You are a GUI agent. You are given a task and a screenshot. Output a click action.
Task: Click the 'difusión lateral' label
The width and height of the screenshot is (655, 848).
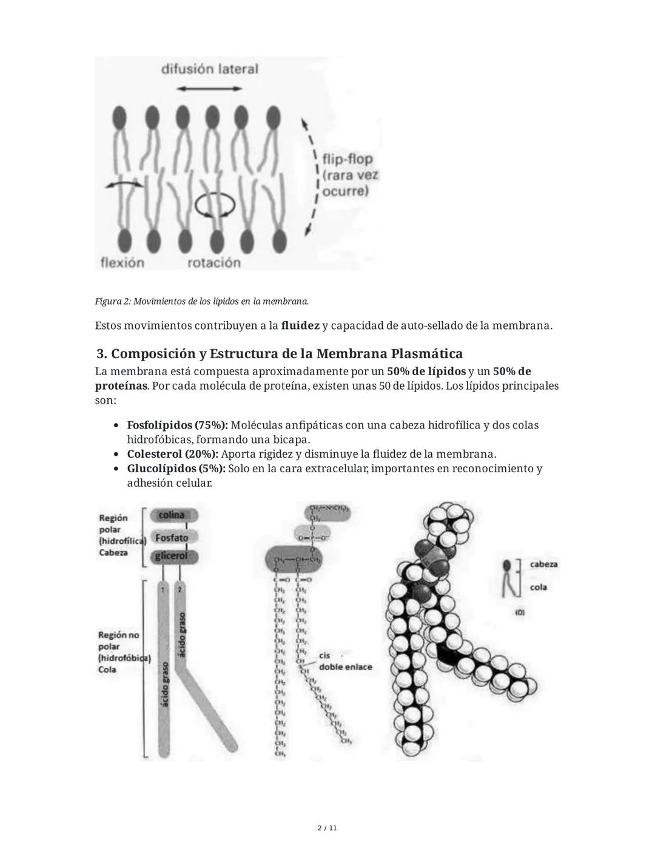209,69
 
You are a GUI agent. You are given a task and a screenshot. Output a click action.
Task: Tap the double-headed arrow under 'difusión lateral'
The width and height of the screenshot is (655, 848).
209,89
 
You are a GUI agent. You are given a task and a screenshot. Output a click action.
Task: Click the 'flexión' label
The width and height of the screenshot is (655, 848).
122,262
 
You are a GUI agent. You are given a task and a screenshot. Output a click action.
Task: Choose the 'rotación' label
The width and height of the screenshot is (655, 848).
214,262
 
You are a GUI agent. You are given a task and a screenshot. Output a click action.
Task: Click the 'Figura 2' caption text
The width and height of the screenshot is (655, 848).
201,301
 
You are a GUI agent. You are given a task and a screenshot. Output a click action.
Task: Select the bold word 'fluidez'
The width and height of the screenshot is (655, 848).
300,326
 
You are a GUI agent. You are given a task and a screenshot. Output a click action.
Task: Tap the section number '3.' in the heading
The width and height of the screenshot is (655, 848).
102,353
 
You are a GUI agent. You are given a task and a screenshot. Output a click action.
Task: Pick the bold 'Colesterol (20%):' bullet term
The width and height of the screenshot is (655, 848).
172,454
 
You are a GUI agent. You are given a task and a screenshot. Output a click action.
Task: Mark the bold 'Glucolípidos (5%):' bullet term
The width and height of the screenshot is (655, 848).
176,469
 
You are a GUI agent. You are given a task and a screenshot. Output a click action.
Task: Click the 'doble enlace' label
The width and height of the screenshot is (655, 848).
345,667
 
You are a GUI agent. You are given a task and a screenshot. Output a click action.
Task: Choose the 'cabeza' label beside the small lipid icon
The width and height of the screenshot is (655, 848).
543,564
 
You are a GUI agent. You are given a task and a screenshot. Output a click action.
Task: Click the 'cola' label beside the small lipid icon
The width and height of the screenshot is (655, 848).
538,587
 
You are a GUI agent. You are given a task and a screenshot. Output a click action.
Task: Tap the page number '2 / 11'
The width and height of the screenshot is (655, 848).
327,828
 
